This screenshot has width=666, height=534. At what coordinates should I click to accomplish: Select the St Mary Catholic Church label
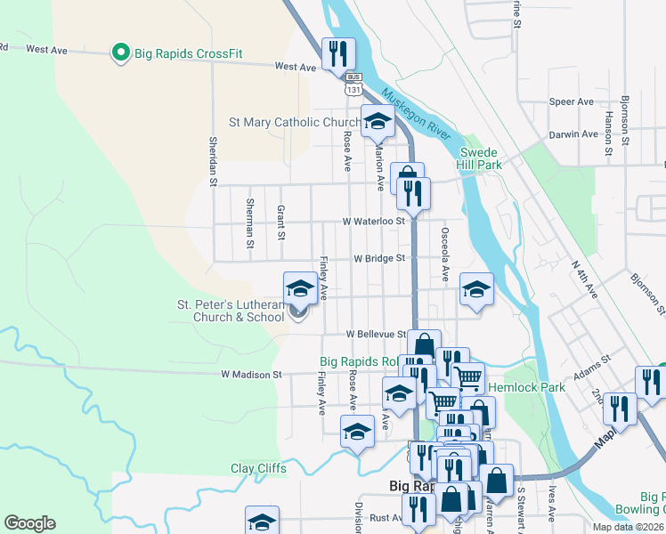click(294, 123)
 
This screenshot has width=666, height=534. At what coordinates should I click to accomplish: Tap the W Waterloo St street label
click(374, 221)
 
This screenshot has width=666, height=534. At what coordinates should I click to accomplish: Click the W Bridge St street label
click(379, 258)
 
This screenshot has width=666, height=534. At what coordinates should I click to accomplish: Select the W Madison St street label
click(251, 375)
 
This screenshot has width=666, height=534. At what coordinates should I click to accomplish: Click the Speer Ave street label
click(572, 102)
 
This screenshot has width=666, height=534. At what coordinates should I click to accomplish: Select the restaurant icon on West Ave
click(338, 53)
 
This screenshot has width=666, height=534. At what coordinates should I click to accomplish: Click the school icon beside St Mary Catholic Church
click(378, 122)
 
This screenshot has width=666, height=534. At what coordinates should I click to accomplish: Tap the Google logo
click(29, 523)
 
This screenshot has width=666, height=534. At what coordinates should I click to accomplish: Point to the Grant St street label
click(280, 222)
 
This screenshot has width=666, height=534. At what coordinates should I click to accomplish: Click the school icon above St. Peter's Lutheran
click(300, 287)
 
